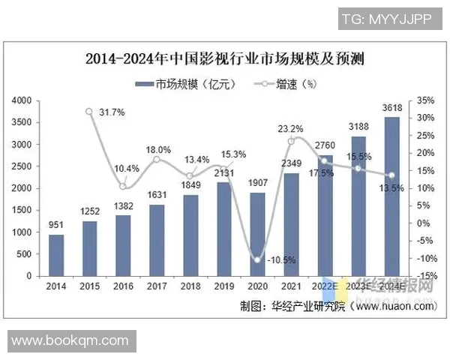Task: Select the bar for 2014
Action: coord(55,255)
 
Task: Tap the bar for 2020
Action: coord(256,234)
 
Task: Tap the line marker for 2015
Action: coord(89,112)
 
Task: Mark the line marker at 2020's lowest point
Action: coord(256,260)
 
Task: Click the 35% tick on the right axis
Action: coord(424,100)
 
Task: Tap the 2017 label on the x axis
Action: coord(156,286)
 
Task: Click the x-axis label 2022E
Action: coord(323,286)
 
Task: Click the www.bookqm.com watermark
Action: coord(70,340)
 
